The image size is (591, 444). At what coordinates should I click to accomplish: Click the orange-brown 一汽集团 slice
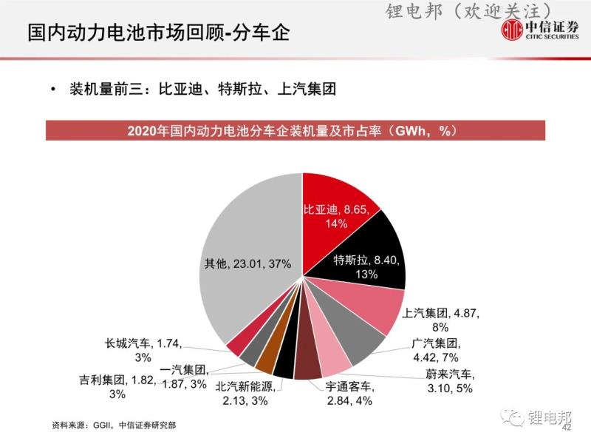[265, 360]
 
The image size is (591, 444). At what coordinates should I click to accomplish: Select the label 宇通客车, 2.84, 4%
[360, 393]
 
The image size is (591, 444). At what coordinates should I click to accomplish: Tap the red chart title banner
[295, 131]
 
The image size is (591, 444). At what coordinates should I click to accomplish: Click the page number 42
[567, 428]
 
